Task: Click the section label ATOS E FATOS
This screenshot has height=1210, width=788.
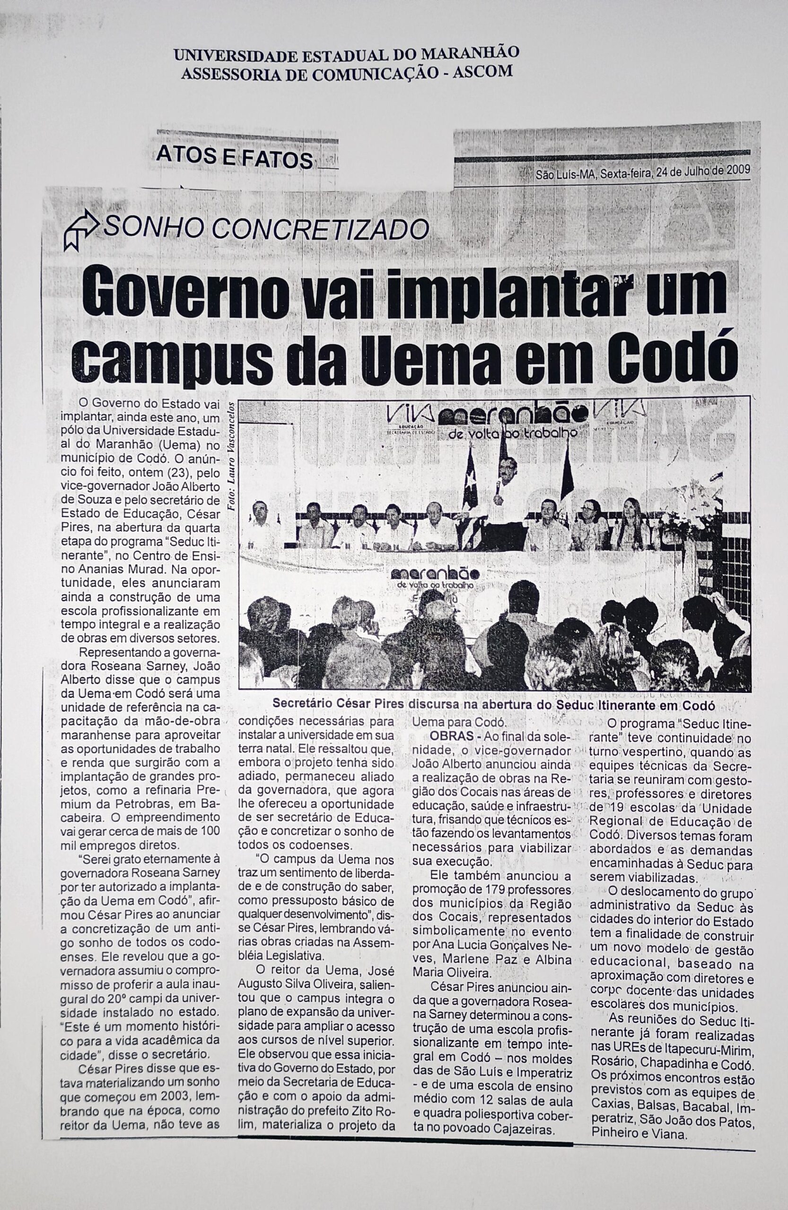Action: [x=235, y=160]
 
